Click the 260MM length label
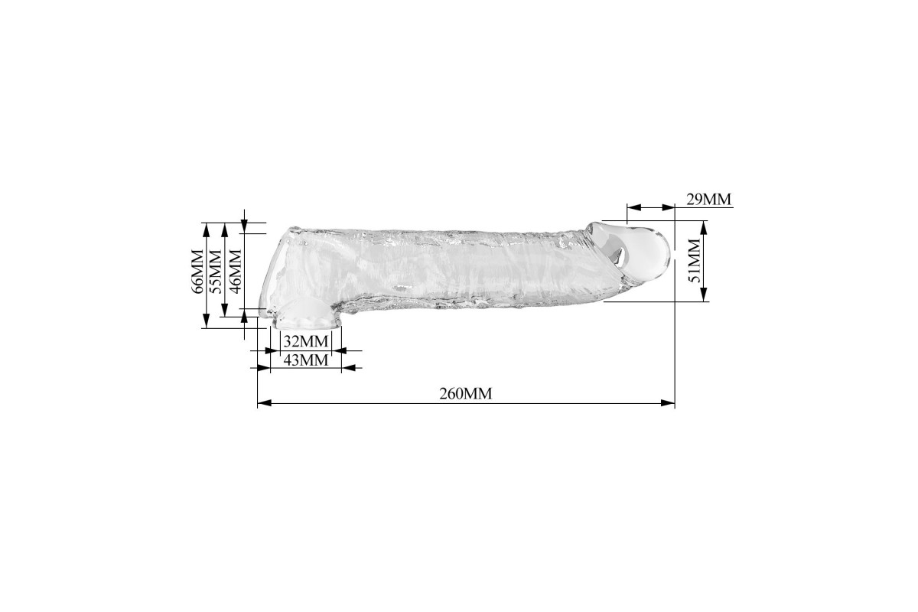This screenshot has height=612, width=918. click(466, 393)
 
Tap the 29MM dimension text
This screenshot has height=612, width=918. click(708, 199)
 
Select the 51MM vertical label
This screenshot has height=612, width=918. click(695, 261)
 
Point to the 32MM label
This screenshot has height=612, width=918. click(306, 341)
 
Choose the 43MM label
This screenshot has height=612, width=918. click(306, 360)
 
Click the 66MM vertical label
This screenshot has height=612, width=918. click(197, 272)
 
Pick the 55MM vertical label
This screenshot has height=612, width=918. click(215, 272)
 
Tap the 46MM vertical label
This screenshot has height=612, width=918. click(236, 272)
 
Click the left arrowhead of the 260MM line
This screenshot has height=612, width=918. click(264, 403)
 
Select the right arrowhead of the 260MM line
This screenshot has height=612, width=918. click(668, 403)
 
